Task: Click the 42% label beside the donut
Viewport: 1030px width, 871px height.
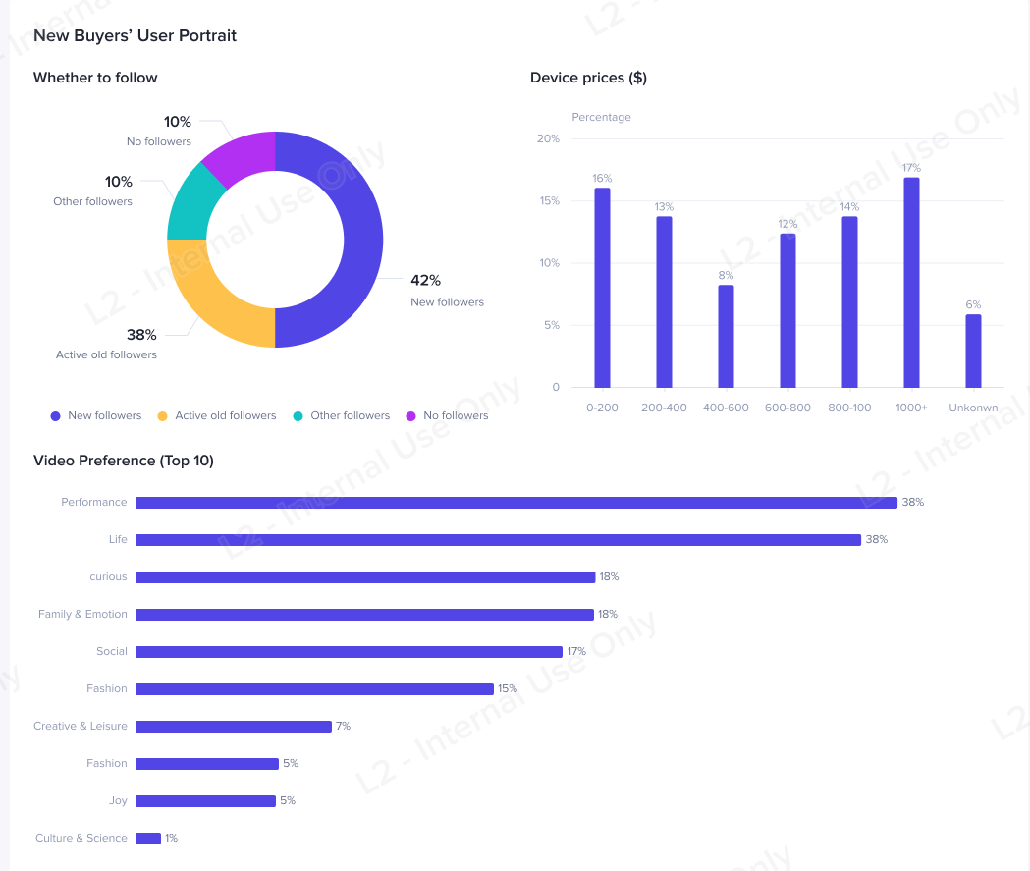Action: click(x=425, y=280)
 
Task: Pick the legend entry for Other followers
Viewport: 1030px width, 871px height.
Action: click(x=342, y=416)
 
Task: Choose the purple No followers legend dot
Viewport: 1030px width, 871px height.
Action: click(x=410, y=416)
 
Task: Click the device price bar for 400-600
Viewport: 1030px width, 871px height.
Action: click(x=726, y=336)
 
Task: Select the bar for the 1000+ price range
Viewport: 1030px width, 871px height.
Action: click(x=911, y=283)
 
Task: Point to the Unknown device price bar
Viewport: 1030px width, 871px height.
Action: click(x=973, y=351)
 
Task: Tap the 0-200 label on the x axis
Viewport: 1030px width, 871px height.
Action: click(x=602, y=408)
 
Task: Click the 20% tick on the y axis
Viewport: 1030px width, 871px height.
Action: click(x=548, y=139)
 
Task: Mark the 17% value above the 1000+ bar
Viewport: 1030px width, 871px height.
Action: click(x=911, y=168)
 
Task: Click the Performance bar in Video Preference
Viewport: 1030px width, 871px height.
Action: click(x=515, y=503)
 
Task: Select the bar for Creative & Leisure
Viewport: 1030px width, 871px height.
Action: click(x=234, y=727)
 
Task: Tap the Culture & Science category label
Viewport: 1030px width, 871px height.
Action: click(x=81, y=839)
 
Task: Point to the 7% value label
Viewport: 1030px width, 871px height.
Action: click(x=343, y=727)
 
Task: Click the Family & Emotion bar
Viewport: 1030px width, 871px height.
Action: click(x=364, y=615)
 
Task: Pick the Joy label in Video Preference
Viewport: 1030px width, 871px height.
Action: click(x=118, y=801)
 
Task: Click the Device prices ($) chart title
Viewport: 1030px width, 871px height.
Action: click(x=588, y=78)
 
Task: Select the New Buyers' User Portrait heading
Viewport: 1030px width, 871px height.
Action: click(x=135, y=36)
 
